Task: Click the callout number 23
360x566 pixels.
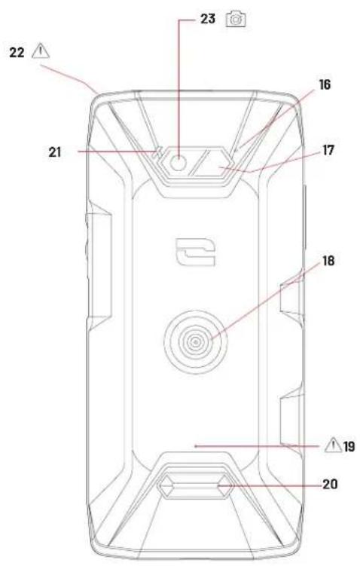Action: click(x=207, y=19)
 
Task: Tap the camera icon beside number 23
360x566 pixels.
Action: click(x=236, y=20)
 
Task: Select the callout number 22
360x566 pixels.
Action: click(x=17, y=53)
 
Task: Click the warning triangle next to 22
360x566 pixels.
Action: click(x=41, y=51)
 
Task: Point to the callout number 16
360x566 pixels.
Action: click(x=325, y=84)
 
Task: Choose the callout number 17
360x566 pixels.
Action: click(x=328, y=150)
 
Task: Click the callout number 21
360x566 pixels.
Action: click(x=55, y=152)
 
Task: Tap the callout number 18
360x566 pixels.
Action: click(x=328, y=261)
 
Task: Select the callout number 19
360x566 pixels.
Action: click(x=349, y=447)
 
